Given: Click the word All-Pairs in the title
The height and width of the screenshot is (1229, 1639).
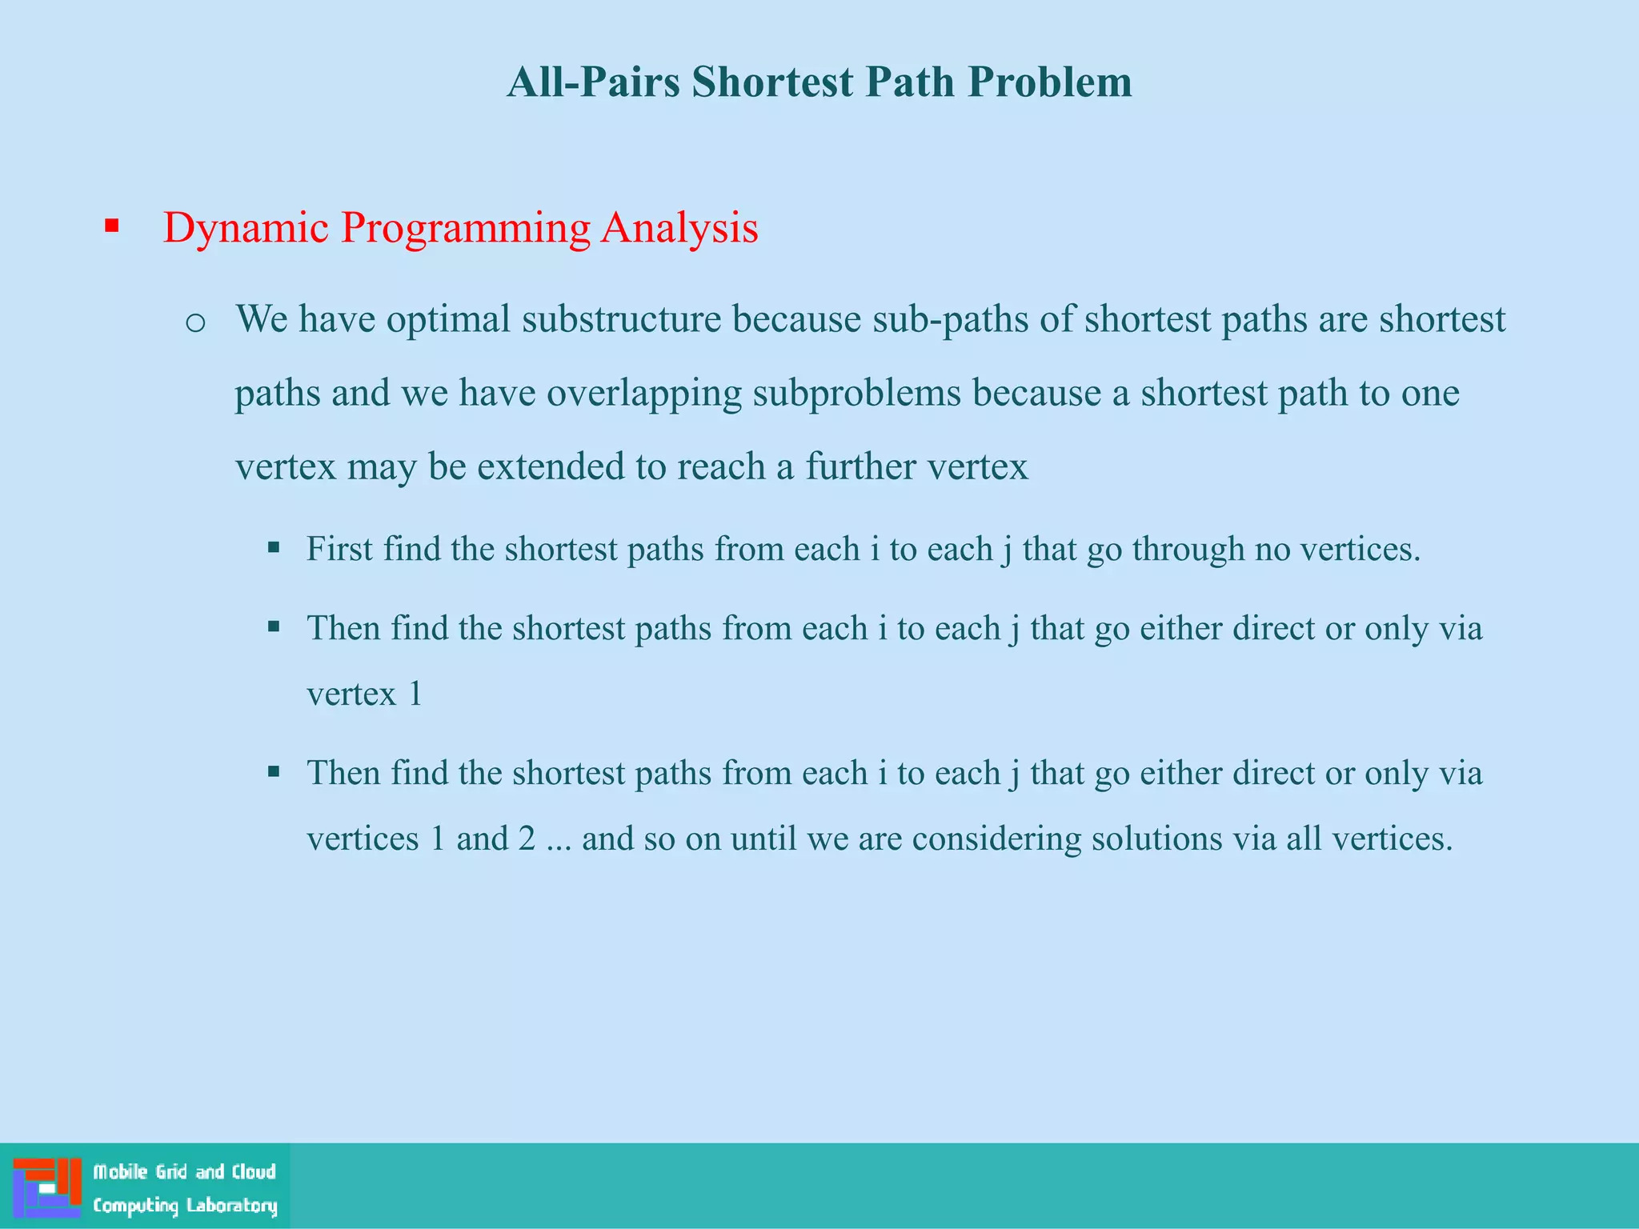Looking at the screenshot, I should (x=593, y=82).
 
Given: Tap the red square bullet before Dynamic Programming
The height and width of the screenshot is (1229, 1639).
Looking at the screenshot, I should (x=111, y=226).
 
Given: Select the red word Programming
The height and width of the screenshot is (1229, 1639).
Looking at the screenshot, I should (x=465, y=228).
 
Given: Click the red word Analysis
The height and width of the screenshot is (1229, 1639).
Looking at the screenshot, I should (x=679, y=228).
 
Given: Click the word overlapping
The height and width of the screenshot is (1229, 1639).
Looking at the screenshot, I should (x=644, y=394).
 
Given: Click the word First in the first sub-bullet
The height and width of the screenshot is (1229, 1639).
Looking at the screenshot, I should (x=339, y=549).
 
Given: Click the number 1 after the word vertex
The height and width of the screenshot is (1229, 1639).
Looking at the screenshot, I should (x=415, y=694).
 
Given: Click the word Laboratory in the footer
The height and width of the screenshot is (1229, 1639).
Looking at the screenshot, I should (x=231, y=1205).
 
